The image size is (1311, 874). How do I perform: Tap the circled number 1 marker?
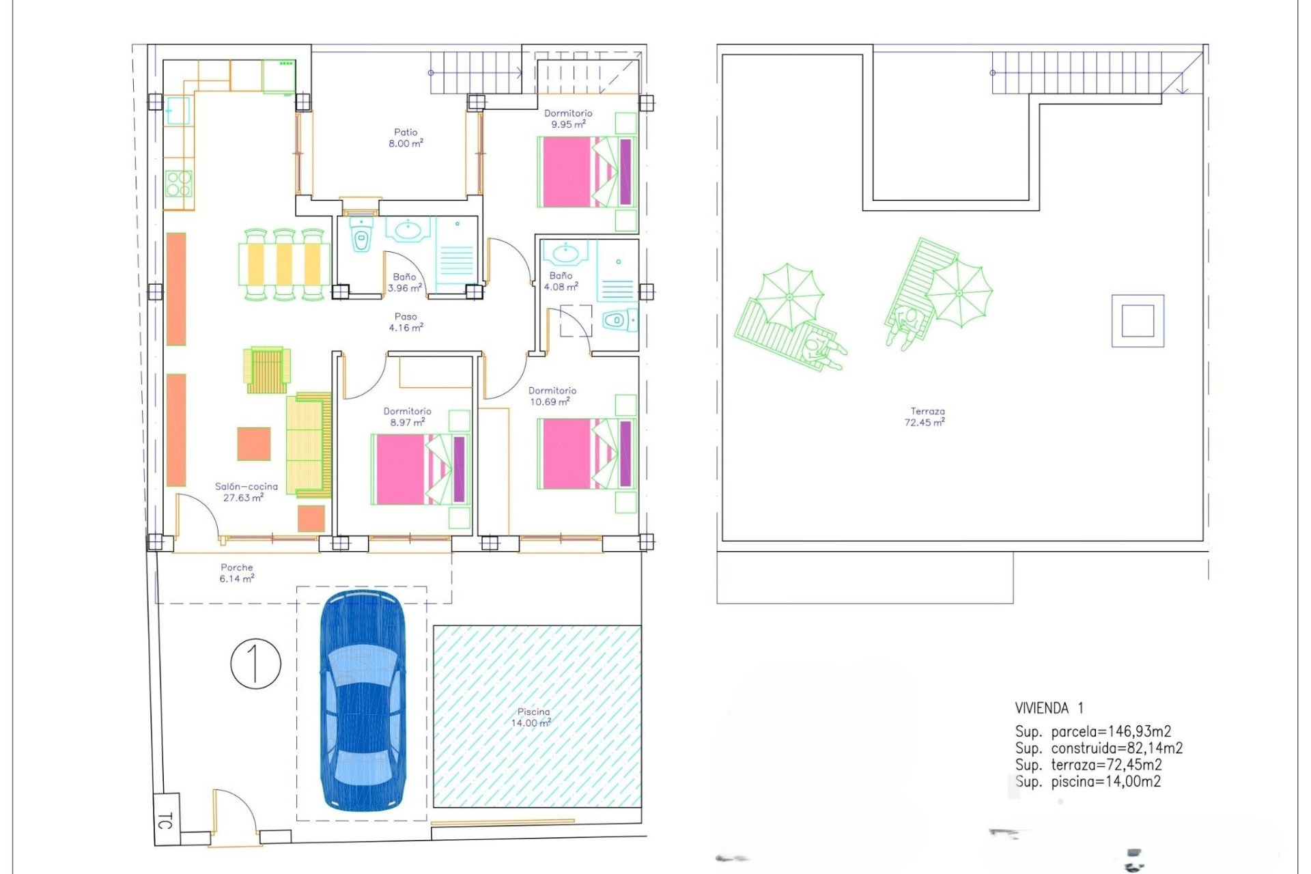(255, 663)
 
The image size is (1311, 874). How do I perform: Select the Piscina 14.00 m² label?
(533, 717)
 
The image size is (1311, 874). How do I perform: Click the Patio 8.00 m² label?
(406, 137)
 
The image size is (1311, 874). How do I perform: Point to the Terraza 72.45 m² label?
(925, 417)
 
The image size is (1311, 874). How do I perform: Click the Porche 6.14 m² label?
(237, 573)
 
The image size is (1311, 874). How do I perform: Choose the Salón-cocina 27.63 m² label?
(246, 492)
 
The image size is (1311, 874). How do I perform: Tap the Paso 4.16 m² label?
(406, 322)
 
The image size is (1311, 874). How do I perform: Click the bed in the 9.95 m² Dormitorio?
(587, 171)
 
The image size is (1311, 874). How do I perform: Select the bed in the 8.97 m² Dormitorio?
(421, 469)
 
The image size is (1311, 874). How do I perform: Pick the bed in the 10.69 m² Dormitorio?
(587, 454)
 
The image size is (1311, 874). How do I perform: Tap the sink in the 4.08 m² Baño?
(565, 253)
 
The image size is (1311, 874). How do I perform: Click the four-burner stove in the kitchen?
(179, 184)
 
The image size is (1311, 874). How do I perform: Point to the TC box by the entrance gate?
(166, 819)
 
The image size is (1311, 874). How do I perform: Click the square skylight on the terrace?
(1138, 321)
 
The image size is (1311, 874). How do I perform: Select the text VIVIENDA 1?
(1049, 708)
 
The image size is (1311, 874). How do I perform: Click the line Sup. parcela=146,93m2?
(1092, 732)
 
